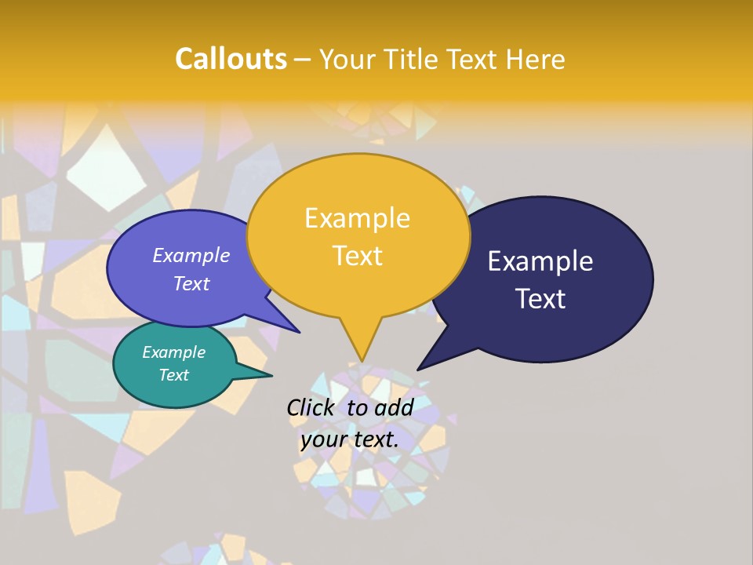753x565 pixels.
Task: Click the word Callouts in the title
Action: pos(231,59)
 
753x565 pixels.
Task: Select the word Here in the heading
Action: pos(536,59)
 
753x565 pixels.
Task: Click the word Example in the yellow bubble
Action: pos(357,218)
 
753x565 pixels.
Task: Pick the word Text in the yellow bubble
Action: pos(357,256)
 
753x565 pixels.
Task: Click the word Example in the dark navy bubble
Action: pos(540,261)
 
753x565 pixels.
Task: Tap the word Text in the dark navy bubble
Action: pos(540,299)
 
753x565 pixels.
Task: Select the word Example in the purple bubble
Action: pos(191,255)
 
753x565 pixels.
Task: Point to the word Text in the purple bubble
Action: pos(191,283)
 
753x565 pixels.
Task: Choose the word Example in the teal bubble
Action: pos(173,352)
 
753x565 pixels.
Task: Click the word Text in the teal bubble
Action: pos(173,375)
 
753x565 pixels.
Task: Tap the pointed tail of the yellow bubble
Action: pos(362,353)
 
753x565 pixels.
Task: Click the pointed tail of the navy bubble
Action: pos(426,363)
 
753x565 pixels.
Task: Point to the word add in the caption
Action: pos(394,407)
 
